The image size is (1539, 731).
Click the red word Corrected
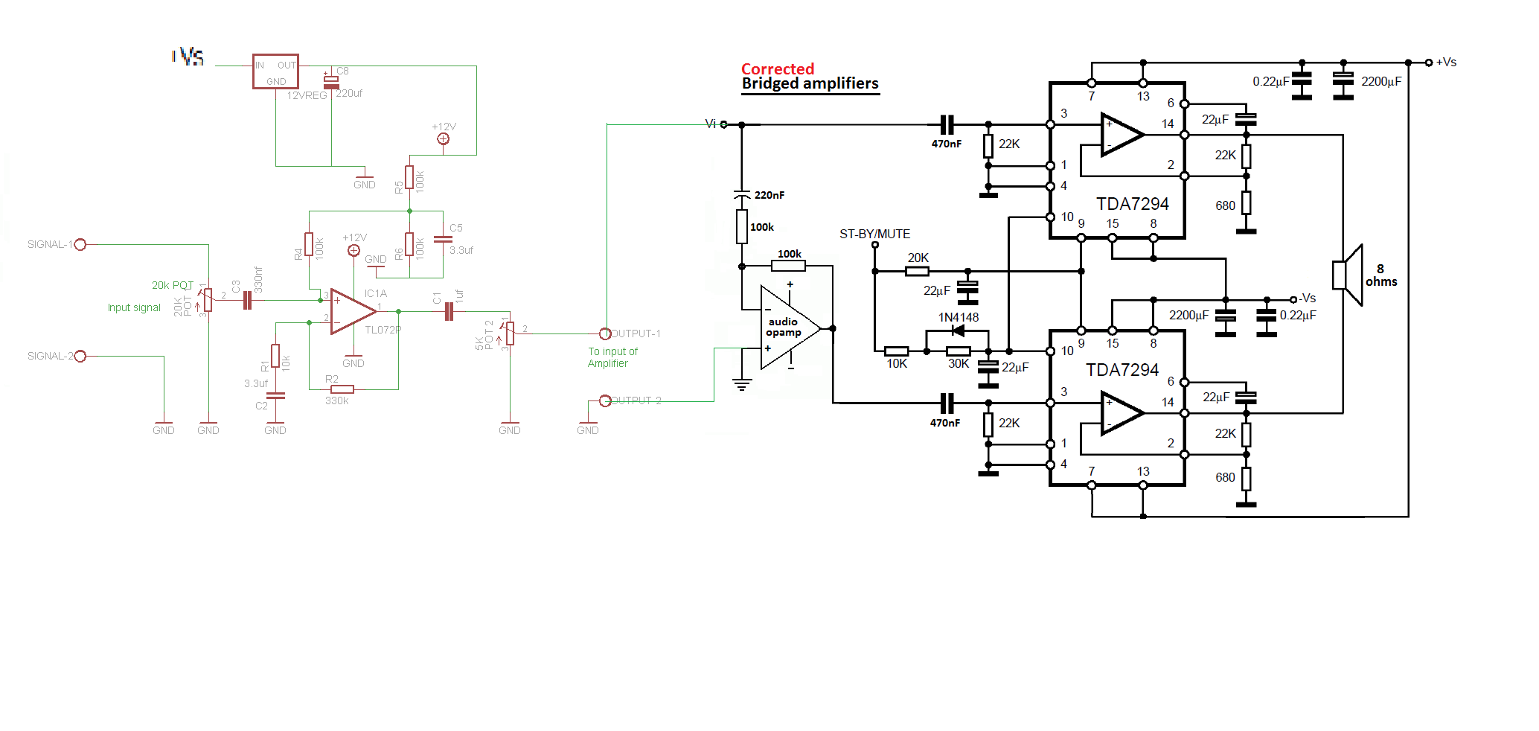click(777, 68)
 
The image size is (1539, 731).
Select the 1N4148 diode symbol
click(958, 331)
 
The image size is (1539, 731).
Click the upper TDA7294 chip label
click(1132, 204)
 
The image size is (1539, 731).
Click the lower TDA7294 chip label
click(1122, 370)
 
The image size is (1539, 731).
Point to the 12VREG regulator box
click(275, 71)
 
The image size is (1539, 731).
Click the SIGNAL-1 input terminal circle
click(80, 244)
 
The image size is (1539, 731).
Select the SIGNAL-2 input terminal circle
click(80, 356)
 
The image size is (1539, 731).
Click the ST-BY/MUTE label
click(874, 234)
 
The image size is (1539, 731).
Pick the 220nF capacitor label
click(769, 195)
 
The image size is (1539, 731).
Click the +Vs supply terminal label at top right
click(1445, 63)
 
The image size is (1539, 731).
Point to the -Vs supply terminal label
click(1307, 298)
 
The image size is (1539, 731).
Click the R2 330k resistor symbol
click(342, 389)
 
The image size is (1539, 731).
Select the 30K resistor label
click(958, 364)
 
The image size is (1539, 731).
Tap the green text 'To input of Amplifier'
click(612, 357)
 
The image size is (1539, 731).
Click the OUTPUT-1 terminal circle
click(605, 333)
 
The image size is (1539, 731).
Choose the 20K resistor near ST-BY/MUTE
click(917, 271)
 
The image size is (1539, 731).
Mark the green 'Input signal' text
click(134, 307)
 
